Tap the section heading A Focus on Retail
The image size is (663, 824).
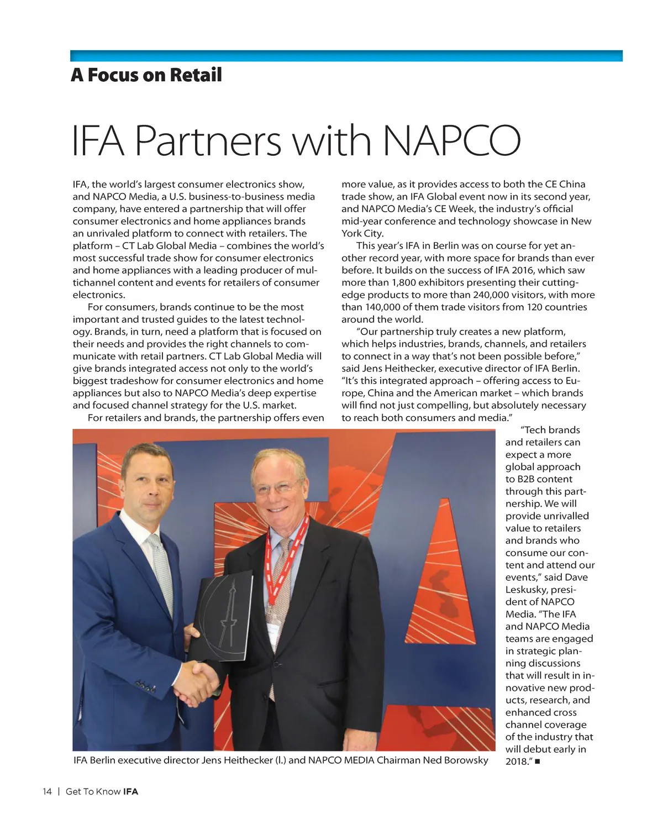tap(146, 75)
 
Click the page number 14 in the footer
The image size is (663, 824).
tap(47, 791)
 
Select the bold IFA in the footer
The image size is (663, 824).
tap(130, 791)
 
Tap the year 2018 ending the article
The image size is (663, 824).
tap(517, 762)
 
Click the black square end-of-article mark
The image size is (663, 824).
tap(538, 762)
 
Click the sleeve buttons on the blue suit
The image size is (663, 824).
tap(145, 687)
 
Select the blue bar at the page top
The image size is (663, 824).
tap(346, 56)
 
